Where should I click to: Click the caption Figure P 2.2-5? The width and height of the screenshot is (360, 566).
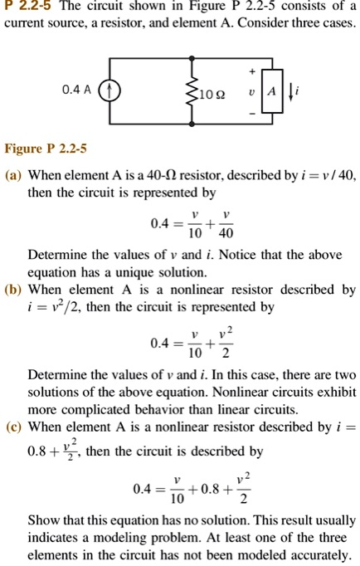coord(46,149)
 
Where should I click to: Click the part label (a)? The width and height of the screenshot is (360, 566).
coord(13,176)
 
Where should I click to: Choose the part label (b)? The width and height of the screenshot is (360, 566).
coord(13,290)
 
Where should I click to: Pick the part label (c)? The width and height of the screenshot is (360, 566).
coord(13,427)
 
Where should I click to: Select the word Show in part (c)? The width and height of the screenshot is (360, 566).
coord(44,520)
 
